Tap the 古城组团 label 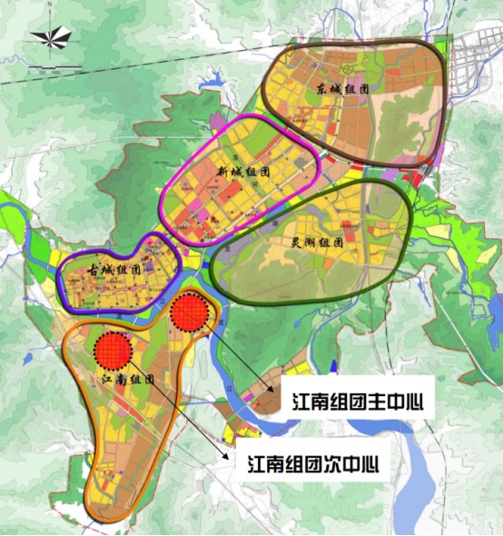click(x=113, y=271)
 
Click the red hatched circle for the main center click(x=190, y=313)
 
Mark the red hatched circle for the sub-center click(x=113, y=349)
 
